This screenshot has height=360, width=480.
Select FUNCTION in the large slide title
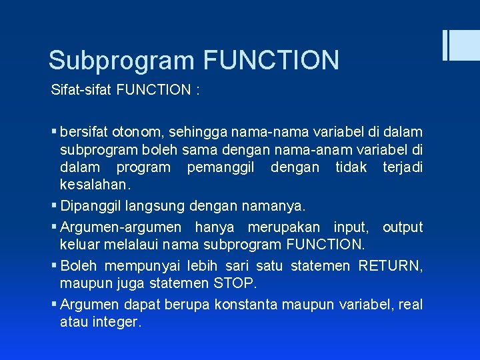click(271, 60)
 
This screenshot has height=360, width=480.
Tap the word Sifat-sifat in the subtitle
click(81, 90)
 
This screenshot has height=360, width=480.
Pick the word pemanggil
click(220, 167)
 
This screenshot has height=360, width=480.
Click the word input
click(351, 227)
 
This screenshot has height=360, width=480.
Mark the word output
click(403, 227)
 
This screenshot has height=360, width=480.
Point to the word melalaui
click(126, 245)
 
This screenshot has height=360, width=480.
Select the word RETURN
click(389, 266)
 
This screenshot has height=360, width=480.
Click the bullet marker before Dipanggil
click(55, 203)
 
